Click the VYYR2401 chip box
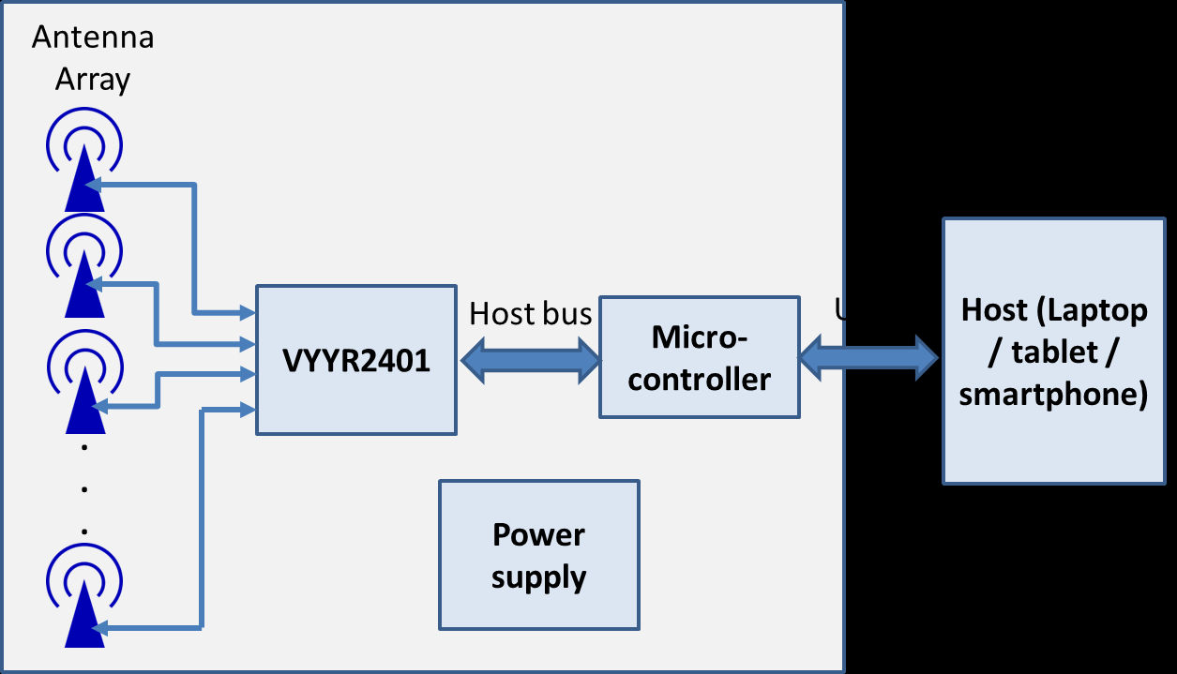356,360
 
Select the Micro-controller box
700,357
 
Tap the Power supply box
538,555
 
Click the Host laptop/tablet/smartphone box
1053,352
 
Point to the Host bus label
530,313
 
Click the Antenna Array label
92,59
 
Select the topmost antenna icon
83,166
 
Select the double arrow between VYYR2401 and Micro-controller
530,359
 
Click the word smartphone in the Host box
1053,395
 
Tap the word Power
538,535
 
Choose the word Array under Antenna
92,80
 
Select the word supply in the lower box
538,576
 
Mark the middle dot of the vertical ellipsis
83,489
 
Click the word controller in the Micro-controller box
700,379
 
